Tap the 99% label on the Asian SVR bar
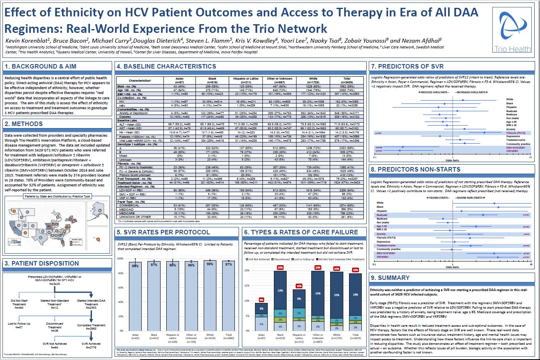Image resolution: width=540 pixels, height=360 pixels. pyautogui.click(x=135, y=266)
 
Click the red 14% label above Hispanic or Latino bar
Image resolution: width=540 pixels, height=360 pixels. pyautogui.click(x=299, y=286)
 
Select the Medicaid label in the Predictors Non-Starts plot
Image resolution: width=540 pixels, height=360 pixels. pyautogui.click(x=382, y=215)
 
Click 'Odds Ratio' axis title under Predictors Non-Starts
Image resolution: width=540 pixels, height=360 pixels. pyautogui.click(x=453, y=267)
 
